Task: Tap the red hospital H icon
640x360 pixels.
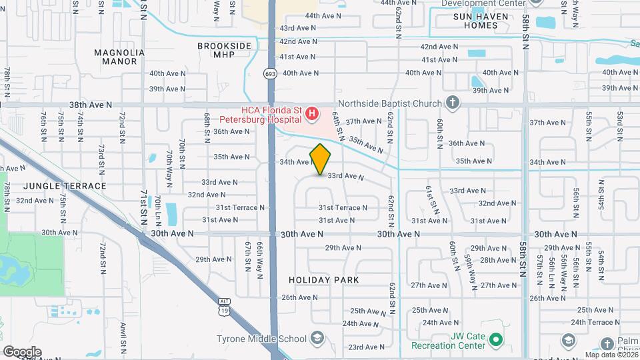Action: click(311, 116)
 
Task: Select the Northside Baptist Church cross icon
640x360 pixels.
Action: click(453, 103)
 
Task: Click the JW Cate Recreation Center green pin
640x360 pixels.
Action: click(495, 341)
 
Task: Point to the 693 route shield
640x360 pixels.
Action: click(269, 73)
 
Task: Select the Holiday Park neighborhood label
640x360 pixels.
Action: click(324, 280)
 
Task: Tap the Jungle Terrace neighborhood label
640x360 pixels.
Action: click(64, 186)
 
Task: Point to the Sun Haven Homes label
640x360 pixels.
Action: click(485, 21)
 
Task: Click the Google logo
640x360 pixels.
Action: click(22, 352)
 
